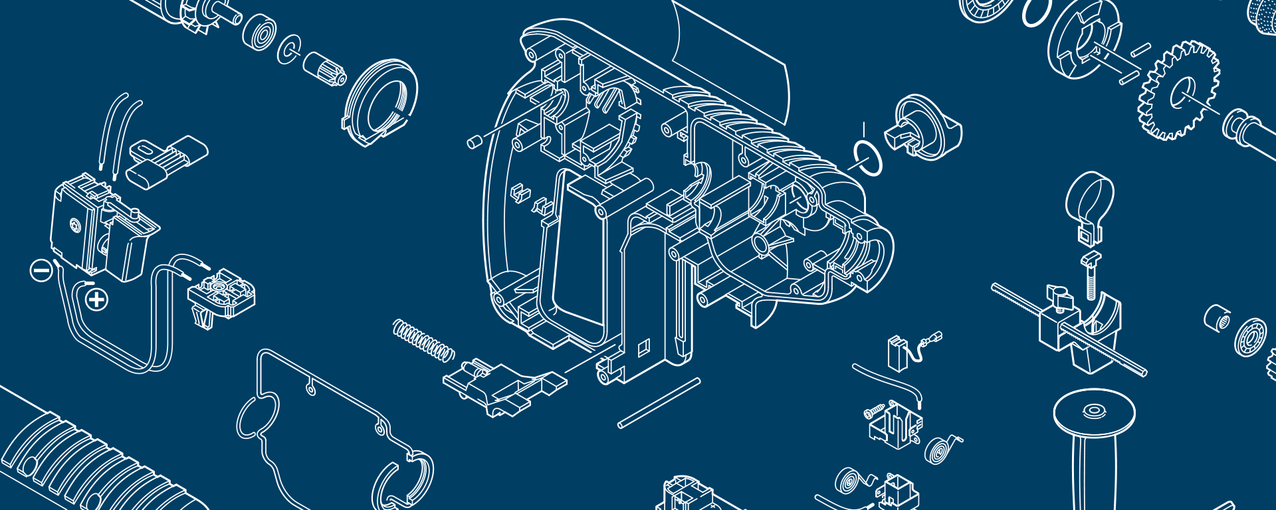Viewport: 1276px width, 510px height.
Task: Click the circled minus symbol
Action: pyautogui.click(x=41, y=270)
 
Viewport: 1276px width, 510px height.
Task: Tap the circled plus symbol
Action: pyautogui.click(x=97, y=299)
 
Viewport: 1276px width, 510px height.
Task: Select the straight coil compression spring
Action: pyautogui.click(x=423, y=341)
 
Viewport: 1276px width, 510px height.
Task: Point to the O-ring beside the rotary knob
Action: pyautogui.click(x=868, y=158)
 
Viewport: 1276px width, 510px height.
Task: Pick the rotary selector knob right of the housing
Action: pyautogui.click(x=926, y=127)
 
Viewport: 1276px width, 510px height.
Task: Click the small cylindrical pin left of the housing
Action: pyautogui.click(x=475, y=142)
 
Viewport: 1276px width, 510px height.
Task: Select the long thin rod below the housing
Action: pyautogui.click(x=659, y=402)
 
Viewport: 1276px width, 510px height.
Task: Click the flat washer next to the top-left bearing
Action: pyautogui.click(x=289, y=48)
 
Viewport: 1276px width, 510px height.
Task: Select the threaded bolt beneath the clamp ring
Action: pyautogui.click(x=1091, y=278)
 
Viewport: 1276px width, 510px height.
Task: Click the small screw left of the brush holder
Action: pyautogui.click(x=874, y=410)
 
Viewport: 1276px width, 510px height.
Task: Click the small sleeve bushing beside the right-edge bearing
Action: pyautogui.click(x=1216, y=317)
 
